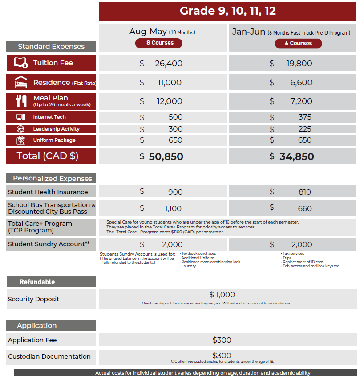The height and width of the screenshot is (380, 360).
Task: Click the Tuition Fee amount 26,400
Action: (x=168, y=64)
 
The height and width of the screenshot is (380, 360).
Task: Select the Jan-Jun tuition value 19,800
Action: (x=299, y=64)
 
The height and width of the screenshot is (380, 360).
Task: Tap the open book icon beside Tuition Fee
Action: (x=21, y=63)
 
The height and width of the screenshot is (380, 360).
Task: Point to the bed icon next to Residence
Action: (x=21, y=82)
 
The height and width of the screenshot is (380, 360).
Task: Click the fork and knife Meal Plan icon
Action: (x=21, y=101)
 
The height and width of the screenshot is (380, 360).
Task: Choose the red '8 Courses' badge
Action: (x=160, y=43)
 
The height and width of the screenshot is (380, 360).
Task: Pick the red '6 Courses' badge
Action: (x=298, y=43)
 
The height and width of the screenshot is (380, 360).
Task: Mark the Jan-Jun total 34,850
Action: (x=296, y=156)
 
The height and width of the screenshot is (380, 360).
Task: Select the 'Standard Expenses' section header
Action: (x=51, y=47)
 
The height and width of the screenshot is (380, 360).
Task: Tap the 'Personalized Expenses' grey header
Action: (x=51, y=179)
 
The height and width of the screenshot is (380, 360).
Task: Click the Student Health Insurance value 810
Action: (x=305, y=192)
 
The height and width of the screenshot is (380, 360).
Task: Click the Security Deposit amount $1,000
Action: (x=222, y=295)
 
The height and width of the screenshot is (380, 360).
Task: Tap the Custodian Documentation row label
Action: (x=49, y=356)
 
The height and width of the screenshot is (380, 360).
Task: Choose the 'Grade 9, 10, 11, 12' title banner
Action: (x=227, y=11)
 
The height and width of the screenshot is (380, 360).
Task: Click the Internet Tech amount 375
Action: (x=305, y=117)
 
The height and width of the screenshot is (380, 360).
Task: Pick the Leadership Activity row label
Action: (x=56, y=129)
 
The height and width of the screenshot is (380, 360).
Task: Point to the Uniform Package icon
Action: (x=20, y=140)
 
